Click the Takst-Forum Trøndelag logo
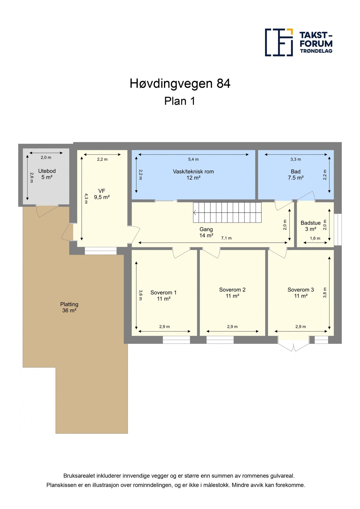298,42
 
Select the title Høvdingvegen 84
180,84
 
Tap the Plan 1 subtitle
180,101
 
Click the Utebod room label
47,174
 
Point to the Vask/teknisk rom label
193,174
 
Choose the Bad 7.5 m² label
296,174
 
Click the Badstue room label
311,226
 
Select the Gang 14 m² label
206,232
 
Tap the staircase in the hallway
227,212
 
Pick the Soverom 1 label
163,296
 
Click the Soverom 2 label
232,293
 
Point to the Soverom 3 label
301,293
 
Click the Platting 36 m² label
69,307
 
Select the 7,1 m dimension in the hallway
226,238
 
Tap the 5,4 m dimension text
193,159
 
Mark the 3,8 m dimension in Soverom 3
325,293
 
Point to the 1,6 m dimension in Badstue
315,238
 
